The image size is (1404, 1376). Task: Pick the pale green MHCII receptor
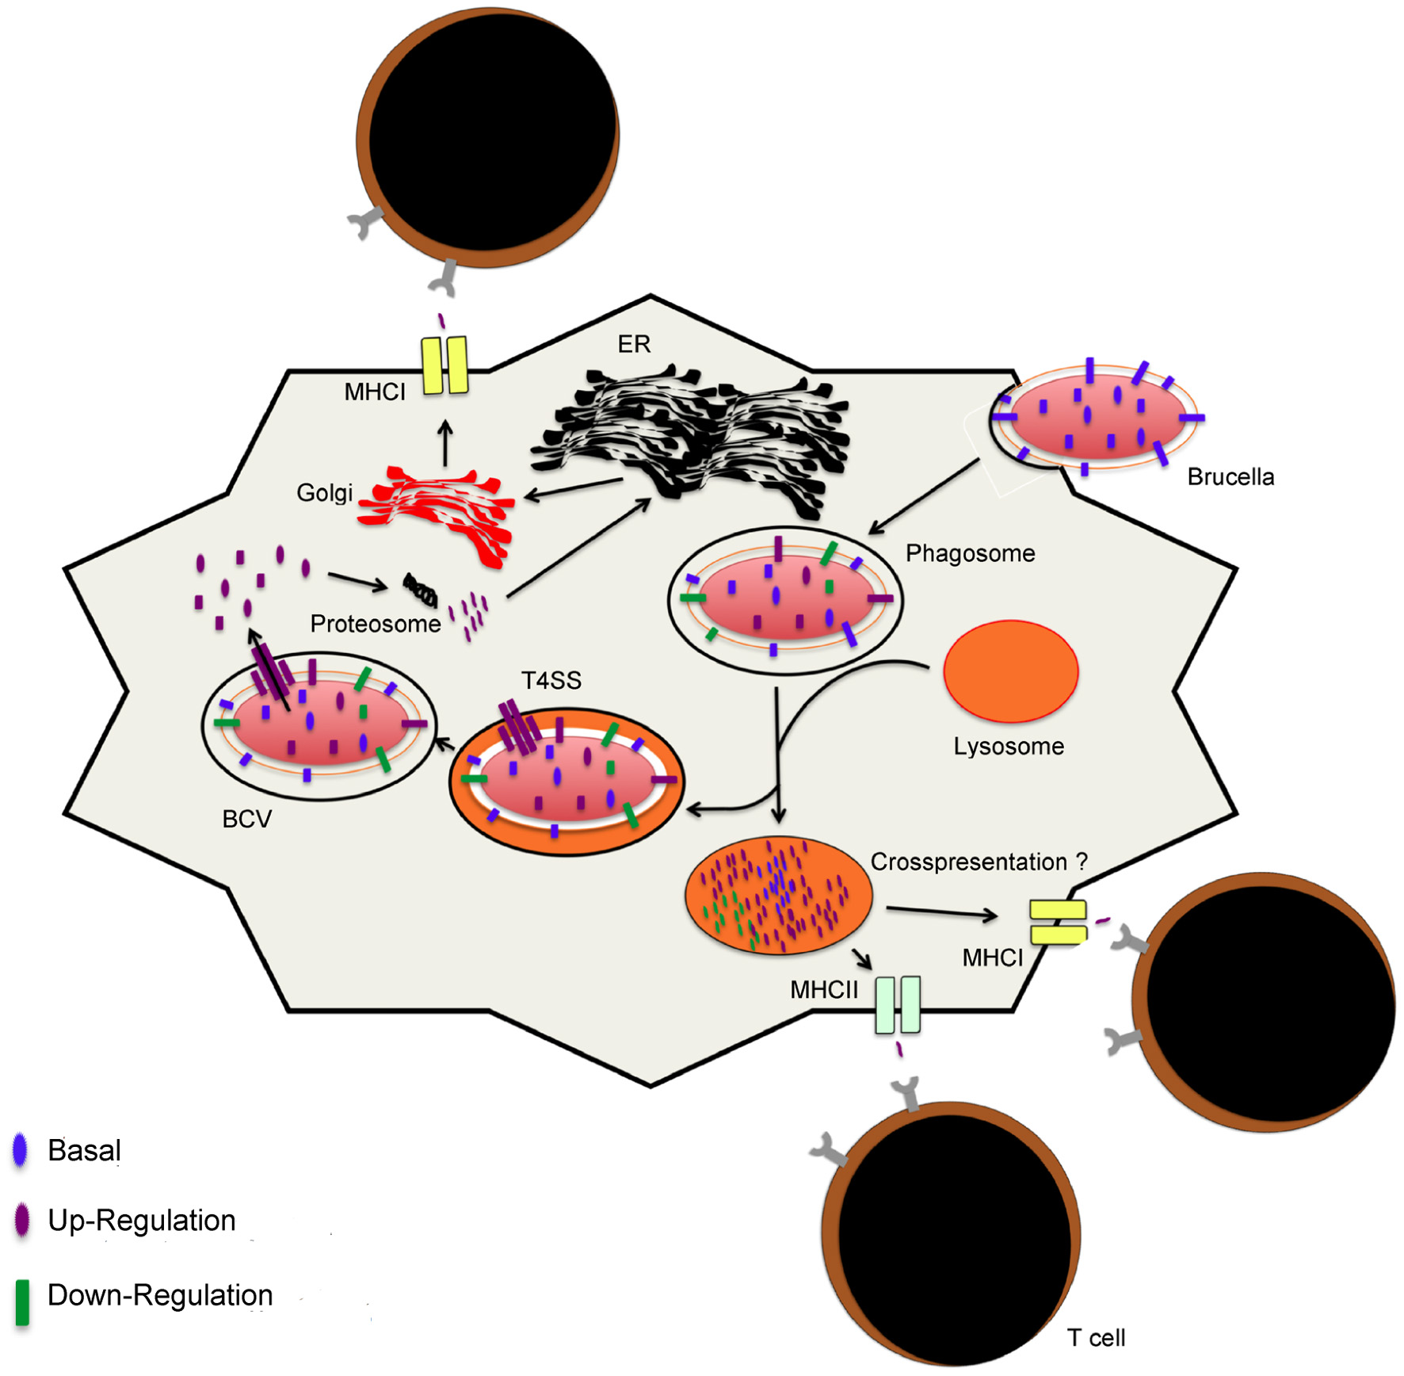898,1004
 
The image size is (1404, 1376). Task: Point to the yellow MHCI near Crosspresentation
1058,922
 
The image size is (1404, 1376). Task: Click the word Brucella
1230,477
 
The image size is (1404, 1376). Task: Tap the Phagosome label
970,553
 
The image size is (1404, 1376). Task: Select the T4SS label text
551,680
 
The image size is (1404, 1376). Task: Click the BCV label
246,819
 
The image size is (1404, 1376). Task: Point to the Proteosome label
375,625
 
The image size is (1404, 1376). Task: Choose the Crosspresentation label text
968,862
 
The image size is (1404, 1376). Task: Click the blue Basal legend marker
21,1149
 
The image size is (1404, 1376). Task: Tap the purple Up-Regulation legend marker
21,1220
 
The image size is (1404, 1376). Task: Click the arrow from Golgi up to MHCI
445,444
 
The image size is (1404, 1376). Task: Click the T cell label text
1096,1338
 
